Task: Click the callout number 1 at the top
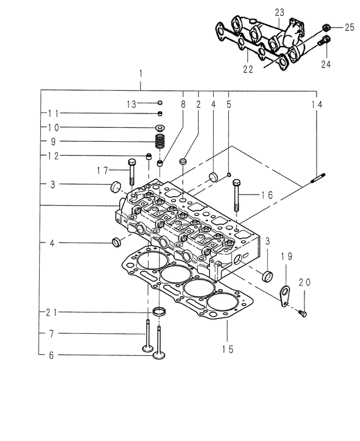[140, 74]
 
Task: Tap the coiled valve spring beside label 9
[160, 142]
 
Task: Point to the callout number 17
[103, 170]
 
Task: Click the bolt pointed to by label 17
[131, 171]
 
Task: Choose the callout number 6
[51, 355]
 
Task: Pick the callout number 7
[51, 333]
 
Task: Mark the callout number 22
[248, 69]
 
